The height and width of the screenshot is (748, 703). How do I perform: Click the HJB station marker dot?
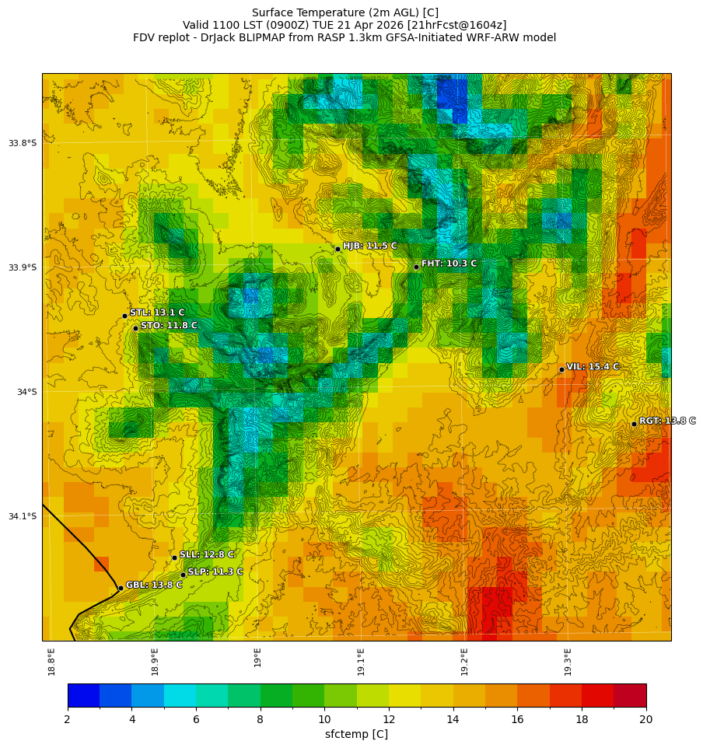pyautogui.click(x=338, y=249)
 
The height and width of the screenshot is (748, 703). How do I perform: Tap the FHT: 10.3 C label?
pyautogui.click(x=449, y=264)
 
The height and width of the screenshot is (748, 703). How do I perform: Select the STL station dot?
pyautogui.click(x=124, y=316)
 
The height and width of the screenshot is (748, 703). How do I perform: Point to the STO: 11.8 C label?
pyautogui.click(x=169, y=325)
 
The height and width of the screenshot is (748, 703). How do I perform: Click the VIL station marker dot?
pyautogui.click(x=561, y=369)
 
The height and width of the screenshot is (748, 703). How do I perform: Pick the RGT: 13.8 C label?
pyautogui.click(x=666, y=421)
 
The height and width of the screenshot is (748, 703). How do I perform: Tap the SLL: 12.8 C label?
pyautogui.click(x=206, y=554)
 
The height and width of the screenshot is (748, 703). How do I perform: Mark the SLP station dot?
pyautogui.click(x=183, y=575)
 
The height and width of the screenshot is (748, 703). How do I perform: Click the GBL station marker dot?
pyautogui.click(x=121, y=588)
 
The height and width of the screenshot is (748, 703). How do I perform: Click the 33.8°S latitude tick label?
pyautogui.click(x=23, y=143)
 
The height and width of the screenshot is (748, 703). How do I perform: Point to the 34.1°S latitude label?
pyautogui.click(x=23, y=516)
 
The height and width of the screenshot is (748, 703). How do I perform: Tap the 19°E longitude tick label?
pyautogui.click(x=257, y=657)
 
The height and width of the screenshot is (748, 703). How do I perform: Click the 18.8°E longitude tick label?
pyautogui.click(x=51, y=661)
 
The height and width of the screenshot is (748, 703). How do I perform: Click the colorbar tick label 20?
pyautogui.click(x=645, y=719)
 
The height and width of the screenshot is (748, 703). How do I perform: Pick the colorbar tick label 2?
pyautogui.click(x=68, y=719)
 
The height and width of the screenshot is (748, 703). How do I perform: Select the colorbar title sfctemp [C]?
pyautogui.click(x=356, y=734)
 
